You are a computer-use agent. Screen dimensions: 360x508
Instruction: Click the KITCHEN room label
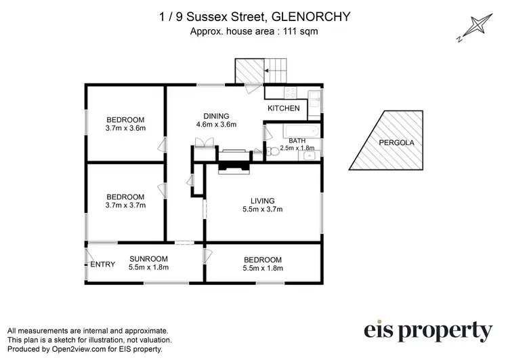coord(283,108)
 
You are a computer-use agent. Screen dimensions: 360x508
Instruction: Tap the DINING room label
coord(216,116)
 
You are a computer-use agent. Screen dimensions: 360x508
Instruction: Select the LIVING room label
coord(262,201)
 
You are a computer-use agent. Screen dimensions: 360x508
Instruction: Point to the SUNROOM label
coord(148,259)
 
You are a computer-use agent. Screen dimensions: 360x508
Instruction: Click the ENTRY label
coord(103,264)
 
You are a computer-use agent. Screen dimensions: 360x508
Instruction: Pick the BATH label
coord(297,140)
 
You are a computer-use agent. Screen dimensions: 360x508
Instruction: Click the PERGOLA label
coord(396,143)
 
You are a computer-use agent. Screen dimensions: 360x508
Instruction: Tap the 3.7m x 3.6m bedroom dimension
coord(126,127)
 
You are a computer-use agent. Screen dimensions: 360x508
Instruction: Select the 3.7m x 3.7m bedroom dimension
coord(126,205)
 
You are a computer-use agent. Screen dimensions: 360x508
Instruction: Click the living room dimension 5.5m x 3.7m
coord(262,209)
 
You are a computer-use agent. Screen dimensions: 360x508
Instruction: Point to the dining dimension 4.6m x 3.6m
coord(216,125)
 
